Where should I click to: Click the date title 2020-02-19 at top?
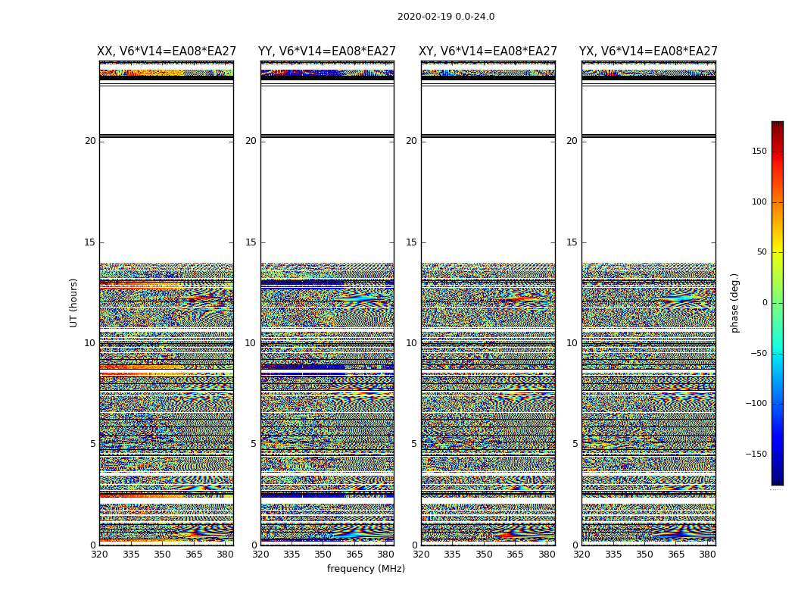click(446, 17)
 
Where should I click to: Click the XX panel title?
click(167, 52)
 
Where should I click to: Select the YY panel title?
click(327, 52)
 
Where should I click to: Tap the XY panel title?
click(488, 52)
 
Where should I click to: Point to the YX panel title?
click(648, 52)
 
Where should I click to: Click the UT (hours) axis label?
click(74, 302)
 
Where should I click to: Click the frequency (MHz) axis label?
click(366, 569)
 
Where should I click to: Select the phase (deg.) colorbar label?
click(734, 302)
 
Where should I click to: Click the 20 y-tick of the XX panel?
click(90, 141)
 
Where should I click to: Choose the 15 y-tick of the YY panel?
click(251, 242)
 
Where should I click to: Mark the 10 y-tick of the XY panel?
click(411, 343)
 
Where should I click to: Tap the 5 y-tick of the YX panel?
click(575, 444)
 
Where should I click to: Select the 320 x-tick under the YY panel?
click(260, 554)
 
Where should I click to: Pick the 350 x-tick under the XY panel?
click(484, 554)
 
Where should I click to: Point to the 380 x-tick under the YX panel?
click(707, 554)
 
